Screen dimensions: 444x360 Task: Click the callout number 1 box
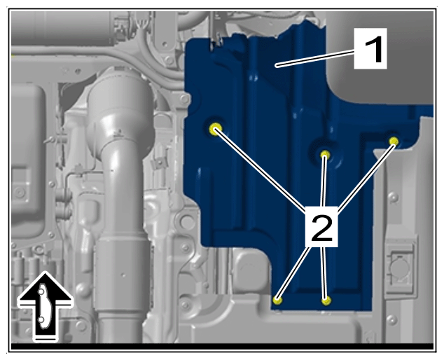pos(370,48)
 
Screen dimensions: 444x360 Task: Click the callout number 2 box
pos(321,227)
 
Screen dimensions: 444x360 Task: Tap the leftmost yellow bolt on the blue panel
pos(216,129)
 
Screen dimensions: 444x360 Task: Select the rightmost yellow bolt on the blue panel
pos(394,141)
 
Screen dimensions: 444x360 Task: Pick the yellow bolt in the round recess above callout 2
pos(325,155)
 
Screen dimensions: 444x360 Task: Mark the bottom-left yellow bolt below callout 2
pos(277,300)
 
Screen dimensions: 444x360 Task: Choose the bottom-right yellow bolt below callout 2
pos(326,300)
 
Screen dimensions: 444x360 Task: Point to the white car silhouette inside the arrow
pos(43,306)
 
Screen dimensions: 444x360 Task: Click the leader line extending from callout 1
pos(315,57)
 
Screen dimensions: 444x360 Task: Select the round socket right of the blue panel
pos(398,266)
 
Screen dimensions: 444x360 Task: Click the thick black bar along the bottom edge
pos(222,347)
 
